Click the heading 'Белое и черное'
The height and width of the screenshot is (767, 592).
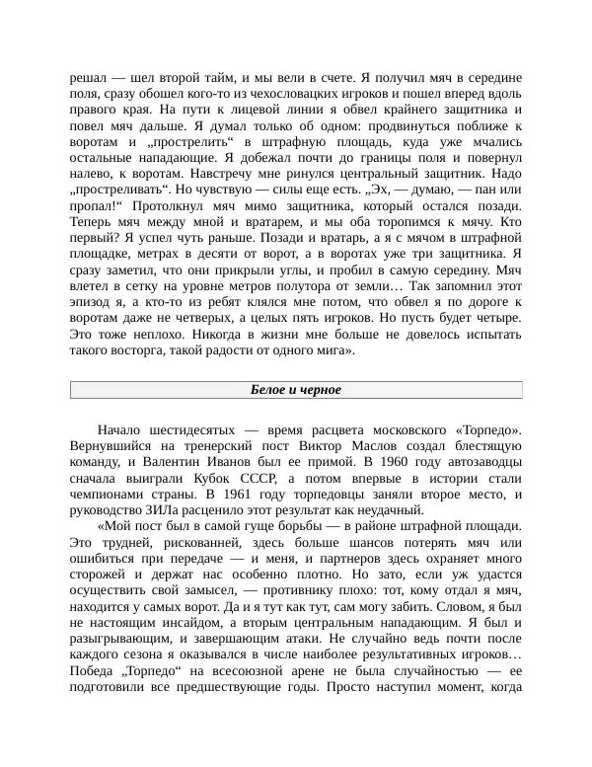tap(296, 390)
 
